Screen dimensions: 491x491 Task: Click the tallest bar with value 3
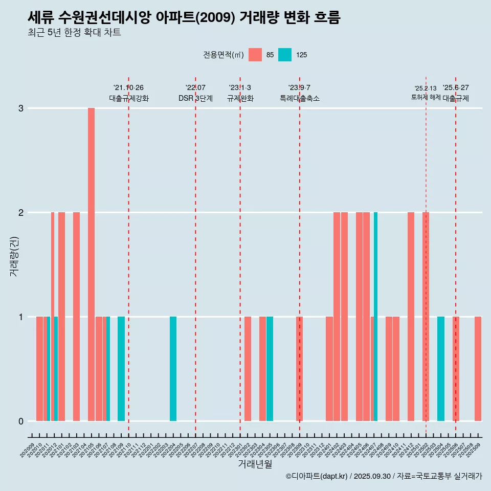coord(91,264)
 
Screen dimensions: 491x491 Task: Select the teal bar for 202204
coord(173,369)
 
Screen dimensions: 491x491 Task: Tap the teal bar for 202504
coord(440,369)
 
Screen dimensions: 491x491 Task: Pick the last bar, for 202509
coord(478,369)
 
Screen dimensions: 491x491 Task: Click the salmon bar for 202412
coord(411,317)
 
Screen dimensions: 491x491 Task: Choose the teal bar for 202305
coord(270,369)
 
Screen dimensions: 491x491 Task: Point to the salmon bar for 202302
coord(248,369)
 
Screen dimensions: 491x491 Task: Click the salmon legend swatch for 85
coord(255,55)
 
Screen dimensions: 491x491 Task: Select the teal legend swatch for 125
coord(285,55)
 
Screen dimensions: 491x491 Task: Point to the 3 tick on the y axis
coord(21,108)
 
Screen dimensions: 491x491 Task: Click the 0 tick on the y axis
coord(21,421)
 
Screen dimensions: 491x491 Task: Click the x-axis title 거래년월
coord(255,464)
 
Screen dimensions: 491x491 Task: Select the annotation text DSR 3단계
coord(195,98)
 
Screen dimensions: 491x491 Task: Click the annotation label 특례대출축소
coord(299,98)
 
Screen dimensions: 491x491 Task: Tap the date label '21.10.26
coord(128,87)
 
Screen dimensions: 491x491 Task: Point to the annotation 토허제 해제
coord(426,97)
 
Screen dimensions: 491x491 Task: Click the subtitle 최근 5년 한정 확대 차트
coord(74,33)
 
